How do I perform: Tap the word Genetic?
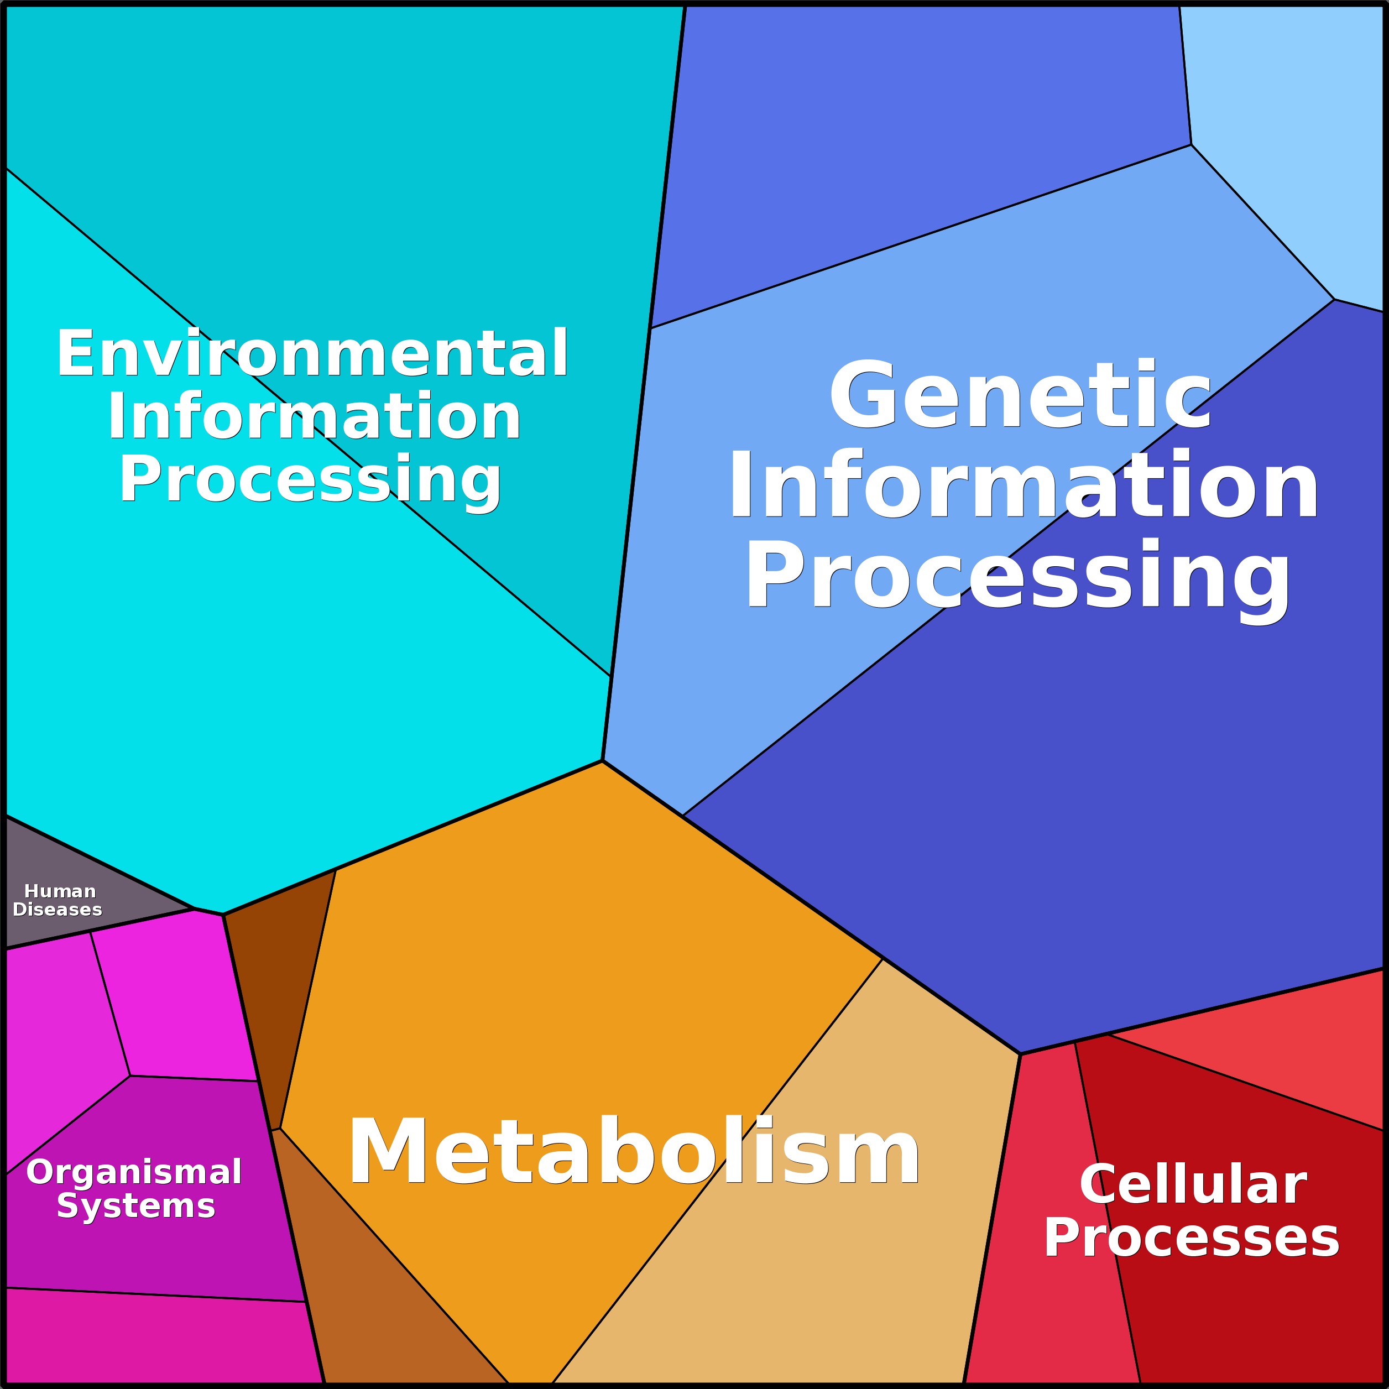[1021, 395]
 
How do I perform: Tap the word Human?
[60, 891]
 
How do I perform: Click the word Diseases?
[58, 910]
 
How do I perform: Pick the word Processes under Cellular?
[1191, 1238]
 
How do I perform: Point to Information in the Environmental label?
[314, 417]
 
